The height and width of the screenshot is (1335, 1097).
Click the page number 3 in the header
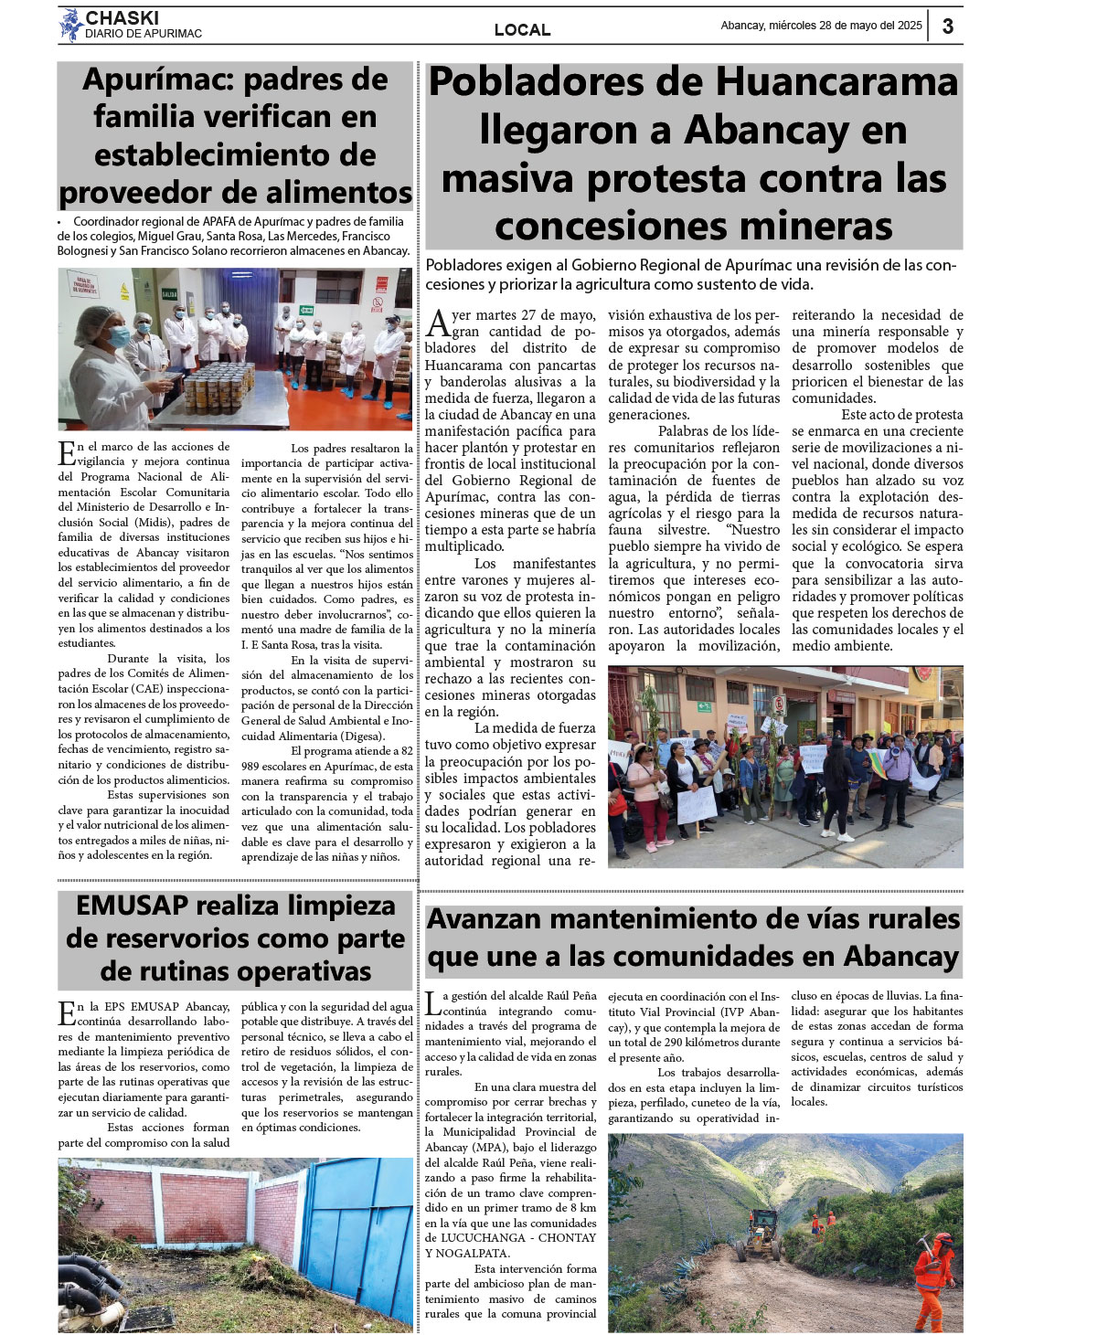pyautogui.click(x=948, y=26)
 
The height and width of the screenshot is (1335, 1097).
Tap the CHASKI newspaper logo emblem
pyautogui.click(x=70, y=26)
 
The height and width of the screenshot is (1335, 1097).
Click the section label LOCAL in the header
pyautogui.click(x=522, y=30)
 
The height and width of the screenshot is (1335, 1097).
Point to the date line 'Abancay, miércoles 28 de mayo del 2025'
pyautogui.click(x=821, y=26)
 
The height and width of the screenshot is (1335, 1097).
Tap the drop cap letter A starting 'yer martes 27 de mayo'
pyautogui.click(x=438, y=323)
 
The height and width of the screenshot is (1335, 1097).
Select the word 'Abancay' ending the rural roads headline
pyautogui.click(x=900, y=957)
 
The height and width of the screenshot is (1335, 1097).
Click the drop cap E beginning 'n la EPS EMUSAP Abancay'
pyautogui.click(x=66, y=1012)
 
